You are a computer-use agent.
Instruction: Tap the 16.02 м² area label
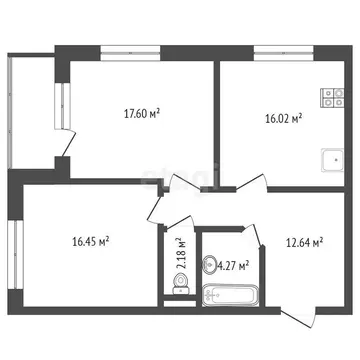coord(284,116)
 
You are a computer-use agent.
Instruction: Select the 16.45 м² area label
coord(91,240)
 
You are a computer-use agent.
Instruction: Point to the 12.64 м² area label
coord(303,240)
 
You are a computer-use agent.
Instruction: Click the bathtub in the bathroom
coord(231,295)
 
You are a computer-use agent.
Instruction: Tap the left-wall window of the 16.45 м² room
coord(16,254)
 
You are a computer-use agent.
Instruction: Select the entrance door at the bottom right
coord(299,310)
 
